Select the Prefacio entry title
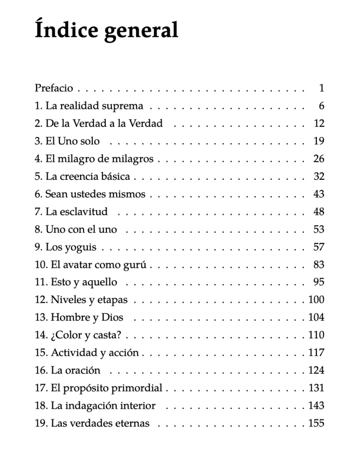[53, 88]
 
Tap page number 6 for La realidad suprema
[321, 106]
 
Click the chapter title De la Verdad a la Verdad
[104, 123]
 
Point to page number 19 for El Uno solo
[319, 141]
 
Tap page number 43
[319, 194]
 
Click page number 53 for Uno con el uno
[319, 229]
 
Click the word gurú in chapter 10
[136, 265]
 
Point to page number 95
[319, 282]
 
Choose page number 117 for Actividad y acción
[316, 353]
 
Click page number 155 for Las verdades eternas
[316, 424]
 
